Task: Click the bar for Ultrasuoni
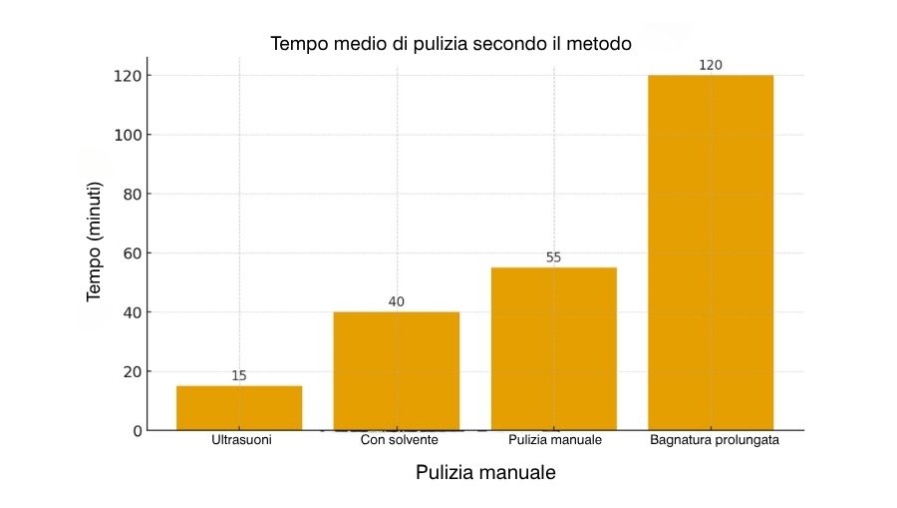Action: [x=239, y=407]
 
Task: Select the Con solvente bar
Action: [x=397, y=370]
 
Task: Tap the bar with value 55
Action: [x=554, y=348]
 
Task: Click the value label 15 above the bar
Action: [x=239, y=376]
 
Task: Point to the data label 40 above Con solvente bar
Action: [x=397, y=301]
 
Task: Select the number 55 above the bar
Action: [x=554, y=257]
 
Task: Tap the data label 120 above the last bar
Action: [x=711, y=65]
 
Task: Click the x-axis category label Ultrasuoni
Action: [x=240, y=440]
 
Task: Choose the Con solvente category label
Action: [x=399, y=440]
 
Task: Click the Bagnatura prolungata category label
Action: [x=714, y=440]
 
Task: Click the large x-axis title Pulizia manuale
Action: [x=485, y=473]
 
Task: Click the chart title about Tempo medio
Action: [x=451, y=45]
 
